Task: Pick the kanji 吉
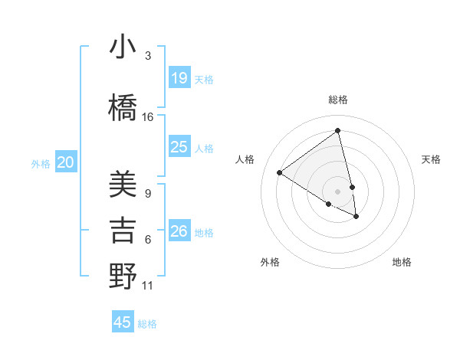coord(123,231)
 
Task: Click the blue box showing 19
coord(179,78)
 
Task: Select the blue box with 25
coord(179,147)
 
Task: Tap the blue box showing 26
coord(179,231)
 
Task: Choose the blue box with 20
coord(66,162)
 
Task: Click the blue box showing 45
coord(123,322)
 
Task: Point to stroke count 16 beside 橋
coord(148,117)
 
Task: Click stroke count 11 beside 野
coord(148,286)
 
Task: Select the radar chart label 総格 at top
coord(337,100)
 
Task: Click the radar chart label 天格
coord(431,159)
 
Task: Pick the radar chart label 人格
coord(245,159)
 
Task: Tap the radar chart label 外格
coord(270,262)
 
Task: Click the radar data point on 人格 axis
coord(280,172)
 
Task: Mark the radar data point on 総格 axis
coord(337,131)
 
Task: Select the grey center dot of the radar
coord(337,191)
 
